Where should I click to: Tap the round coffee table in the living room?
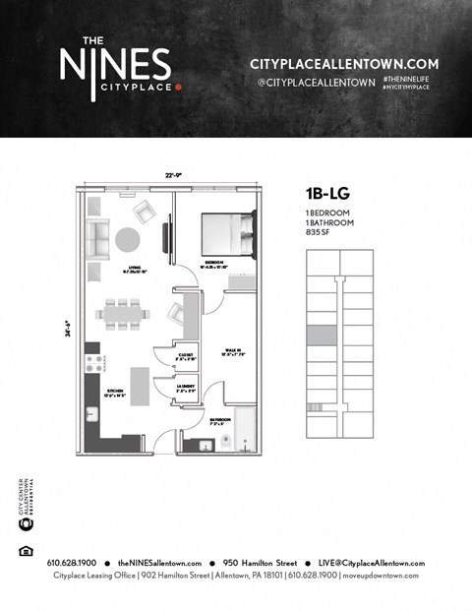click(128, 240)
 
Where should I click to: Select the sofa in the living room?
click(97, 240)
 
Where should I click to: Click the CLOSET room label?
click(186, 356)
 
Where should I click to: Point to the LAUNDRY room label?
click(186, 389)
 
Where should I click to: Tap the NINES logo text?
click(114, 67)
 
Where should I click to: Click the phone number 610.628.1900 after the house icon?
click(73, 562)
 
